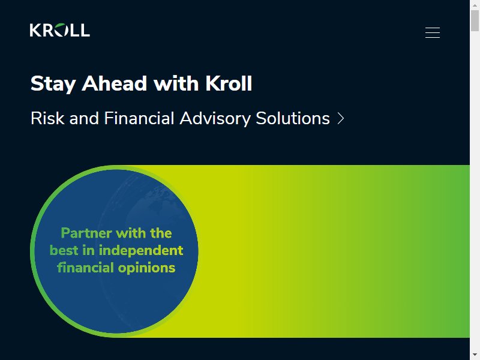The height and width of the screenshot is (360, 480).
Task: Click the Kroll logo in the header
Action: [59, 30]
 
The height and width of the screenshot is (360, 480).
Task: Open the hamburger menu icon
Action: [433, 33]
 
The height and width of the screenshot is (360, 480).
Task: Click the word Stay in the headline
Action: [53, 84]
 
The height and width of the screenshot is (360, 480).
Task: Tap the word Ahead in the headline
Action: [114, 83]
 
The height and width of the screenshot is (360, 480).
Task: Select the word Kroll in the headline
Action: [229, 83]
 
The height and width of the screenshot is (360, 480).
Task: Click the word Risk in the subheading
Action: [47, 118]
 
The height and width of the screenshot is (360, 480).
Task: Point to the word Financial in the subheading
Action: [139, 118]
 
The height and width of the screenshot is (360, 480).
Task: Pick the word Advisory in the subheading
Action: [215, 119]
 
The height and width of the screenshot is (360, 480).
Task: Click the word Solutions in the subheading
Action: [293, 118]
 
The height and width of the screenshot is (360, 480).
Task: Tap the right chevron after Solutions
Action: [341, 118]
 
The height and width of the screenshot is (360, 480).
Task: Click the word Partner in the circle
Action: [86, 233]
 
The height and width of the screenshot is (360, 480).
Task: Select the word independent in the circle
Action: [141, 251]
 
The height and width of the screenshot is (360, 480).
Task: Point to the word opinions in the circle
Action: [146, 268]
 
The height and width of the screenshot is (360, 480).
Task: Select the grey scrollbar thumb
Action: [475, 20]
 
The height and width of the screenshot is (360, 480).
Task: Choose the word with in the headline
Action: [176, 83]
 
